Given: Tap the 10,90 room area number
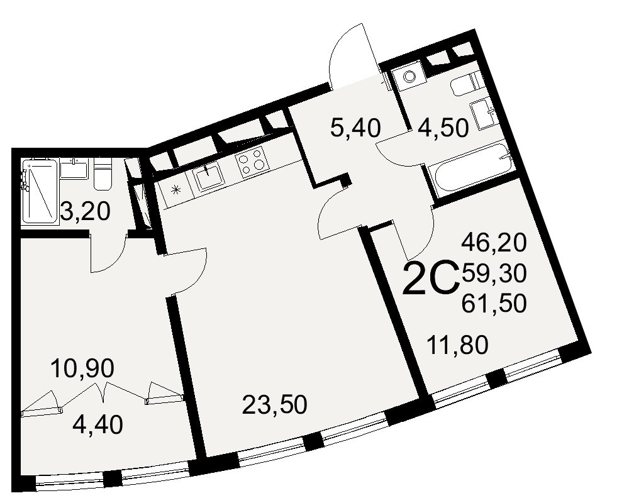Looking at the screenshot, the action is (x=82, y=368).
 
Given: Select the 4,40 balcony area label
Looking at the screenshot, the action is (x=97, y=425).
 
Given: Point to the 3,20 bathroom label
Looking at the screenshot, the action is (x=85, y=211).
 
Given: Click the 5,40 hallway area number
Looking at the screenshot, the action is (x=355, y=128).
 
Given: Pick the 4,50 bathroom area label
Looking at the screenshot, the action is (x=443, y=128).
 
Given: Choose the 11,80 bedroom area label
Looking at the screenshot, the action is (x=457, y=345).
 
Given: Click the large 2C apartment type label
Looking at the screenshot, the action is (x=430, y=277).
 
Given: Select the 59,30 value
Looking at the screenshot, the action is (x=494, y=274).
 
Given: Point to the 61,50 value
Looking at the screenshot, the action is (x=494, y=304).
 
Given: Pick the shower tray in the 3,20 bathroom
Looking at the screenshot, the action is (x=39, y=191).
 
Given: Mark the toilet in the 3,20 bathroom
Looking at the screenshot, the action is (x=103, y=174).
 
